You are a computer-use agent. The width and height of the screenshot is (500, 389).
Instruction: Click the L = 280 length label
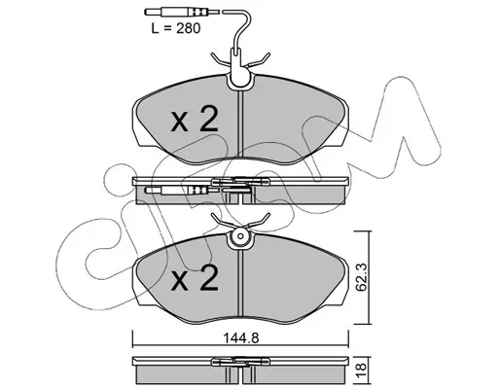coord(176,28)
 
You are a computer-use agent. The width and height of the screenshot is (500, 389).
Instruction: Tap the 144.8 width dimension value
coord(241,338)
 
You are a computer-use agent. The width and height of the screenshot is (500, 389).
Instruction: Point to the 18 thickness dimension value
coord(361,369)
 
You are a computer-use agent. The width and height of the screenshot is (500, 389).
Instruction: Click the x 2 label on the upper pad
coord(195,120)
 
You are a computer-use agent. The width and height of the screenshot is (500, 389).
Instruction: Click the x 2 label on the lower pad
coord(195,277)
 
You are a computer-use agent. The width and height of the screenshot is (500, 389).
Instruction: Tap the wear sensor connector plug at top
coord(177,13)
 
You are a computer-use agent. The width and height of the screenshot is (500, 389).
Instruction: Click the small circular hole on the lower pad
coord(240,236)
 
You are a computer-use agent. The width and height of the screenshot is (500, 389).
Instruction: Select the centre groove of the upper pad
coord(240,124)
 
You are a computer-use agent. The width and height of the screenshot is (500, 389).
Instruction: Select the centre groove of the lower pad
coord(240,283)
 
